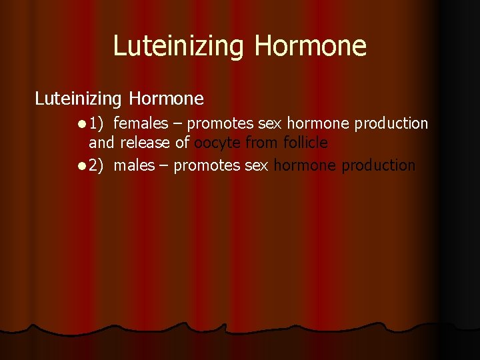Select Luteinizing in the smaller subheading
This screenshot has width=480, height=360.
(78, 99)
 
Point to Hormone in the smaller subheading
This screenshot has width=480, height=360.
(167, 99)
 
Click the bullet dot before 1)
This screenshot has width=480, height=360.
(81, 124)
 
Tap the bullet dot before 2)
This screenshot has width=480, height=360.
(81, 165)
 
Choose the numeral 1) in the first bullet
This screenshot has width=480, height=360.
(97, 124)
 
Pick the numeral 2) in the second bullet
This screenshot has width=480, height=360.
(97, 165)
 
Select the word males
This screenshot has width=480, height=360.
(134, 165)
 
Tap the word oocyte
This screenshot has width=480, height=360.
(217, 143)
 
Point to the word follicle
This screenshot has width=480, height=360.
(305, 143)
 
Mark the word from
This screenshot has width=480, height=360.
(261, 143)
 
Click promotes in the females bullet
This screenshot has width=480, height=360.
(219, 124)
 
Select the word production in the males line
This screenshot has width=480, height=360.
(379, 165)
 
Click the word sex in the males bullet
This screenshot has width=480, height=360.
(257, 165)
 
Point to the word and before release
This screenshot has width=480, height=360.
(102, 143)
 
